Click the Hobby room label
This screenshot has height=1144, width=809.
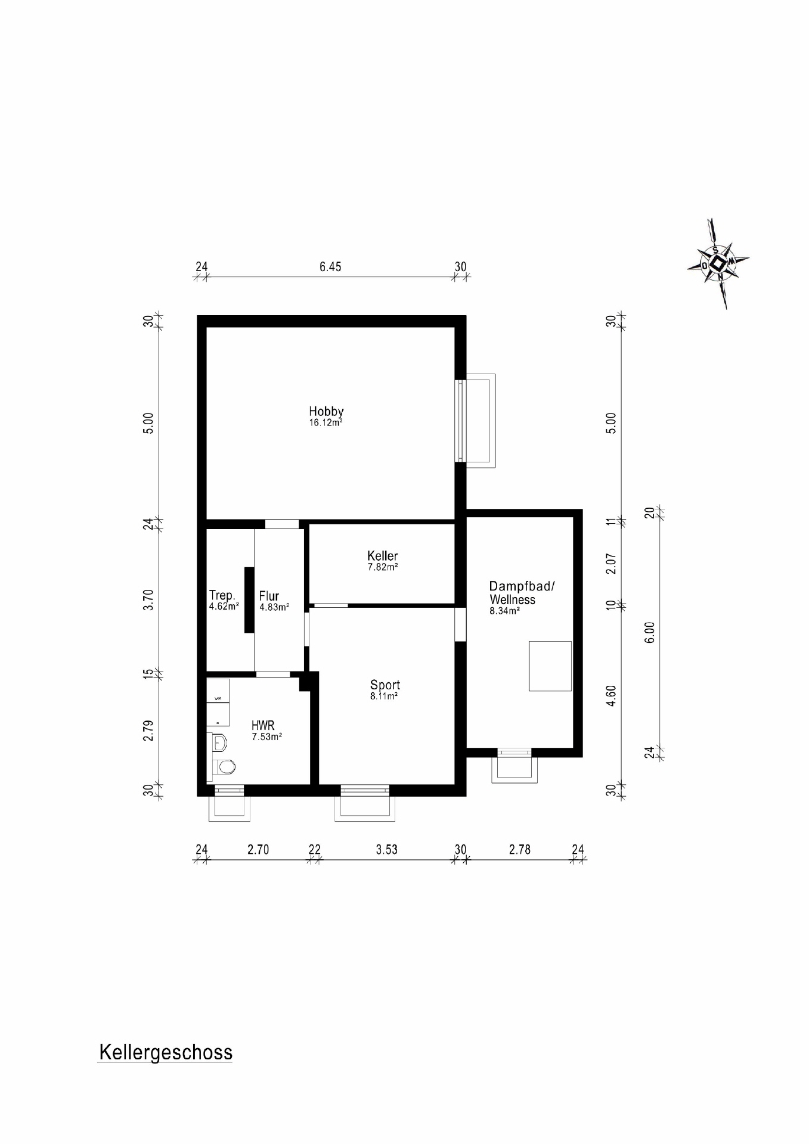(326, 411)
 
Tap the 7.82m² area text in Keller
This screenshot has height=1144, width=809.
(382, 567)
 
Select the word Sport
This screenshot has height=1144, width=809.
(385, 685)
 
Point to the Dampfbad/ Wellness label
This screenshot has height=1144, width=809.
(521, 593)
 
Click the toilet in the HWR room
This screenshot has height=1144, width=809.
(225, 767)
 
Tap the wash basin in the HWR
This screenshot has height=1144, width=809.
(219, 742)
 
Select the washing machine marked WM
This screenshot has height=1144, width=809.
(218, 698)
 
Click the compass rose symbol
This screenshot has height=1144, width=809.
(719, 263)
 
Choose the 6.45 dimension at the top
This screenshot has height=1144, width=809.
(330, 267)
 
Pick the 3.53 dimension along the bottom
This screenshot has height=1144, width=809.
(386, 850)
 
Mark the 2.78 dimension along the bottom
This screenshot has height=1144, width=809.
(519, 850)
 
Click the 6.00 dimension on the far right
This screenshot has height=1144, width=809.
(650, 632)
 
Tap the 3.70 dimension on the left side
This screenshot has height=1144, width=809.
(149, 599)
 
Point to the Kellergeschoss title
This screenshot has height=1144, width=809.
(166, 1052)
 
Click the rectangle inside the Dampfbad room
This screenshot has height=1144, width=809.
(550, 666)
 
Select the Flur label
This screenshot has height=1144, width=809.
(269, 596)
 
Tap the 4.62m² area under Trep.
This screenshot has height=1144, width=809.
(224, 607)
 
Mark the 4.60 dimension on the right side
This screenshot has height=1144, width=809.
(611, 696)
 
